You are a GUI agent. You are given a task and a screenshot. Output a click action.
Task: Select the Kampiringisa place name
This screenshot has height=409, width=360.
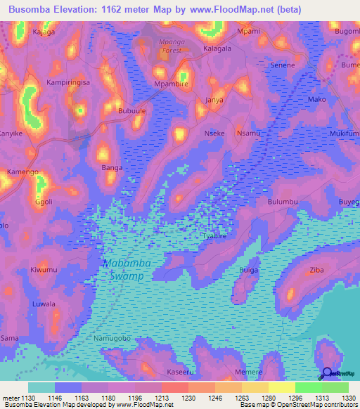pyautogui.click(x=70, y=83)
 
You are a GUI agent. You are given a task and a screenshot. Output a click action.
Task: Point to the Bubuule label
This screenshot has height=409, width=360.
pyautogui.click(x=131, y=111)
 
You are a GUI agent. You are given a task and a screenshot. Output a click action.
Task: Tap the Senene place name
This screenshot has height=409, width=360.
pyautogui.click(x=283, y=65)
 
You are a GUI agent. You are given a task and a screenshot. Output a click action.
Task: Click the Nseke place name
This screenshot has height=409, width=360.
pyautogui.click(x=214, y=133)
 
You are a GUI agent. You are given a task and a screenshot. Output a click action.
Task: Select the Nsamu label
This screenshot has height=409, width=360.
pyautogui.click(x=249, y=133)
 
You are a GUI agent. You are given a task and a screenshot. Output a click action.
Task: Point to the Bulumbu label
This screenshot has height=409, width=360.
pyautogui.click(x=283, y=202)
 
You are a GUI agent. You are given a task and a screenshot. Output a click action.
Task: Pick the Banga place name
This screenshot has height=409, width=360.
pyautogui.click(x=112, y=168)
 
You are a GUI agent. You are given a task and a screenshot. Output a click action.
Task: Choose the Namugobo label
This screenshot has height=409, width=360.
pyautogui.click(x=112, y=339)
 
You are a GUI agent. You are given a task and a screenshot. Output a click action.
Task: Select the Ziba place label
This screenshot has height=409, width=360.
pyautogui.click(x=316, y=270)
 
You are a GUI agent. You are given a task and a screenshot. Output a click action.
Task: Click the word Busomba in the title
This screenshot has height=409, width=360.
pyautogui.click(x=31, y=10)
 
